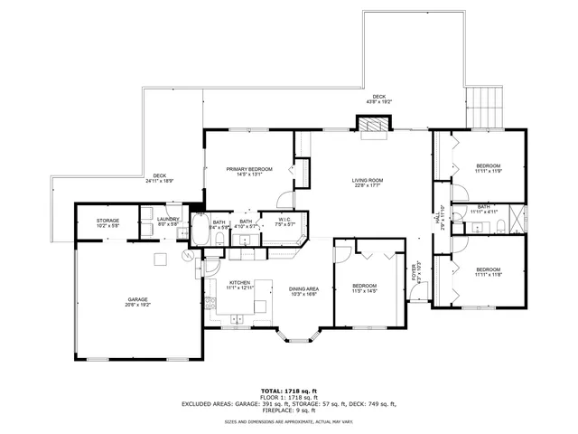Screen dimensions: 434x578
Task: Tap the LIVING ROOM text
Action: coord(368,180)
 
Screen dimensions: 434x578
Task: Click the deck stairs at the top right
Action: coord(485,108)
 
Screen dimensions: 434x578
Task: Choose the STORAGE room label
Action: coord(108,220)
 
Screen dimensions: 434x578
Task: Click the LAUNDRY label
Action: coord(168,220)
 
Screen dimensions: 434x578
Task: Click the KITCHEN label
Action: coord(239,282)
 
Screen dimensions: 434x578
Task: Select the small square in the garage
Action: coord(159,260)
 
